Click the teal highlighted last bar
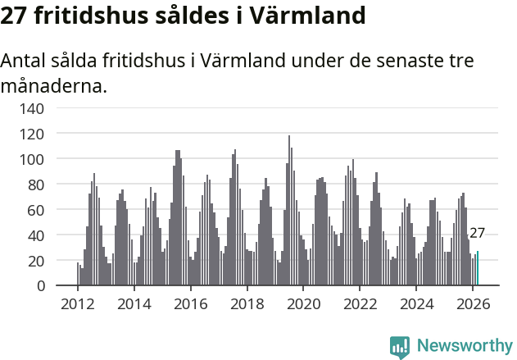(478, 269)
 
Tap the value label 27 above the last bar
(477, 234)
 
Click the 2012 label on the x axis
(78, 303)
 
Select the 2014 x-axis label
(134, 303)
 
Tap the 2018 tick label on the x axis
(247, 303)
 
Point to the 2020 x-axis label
(304, 303)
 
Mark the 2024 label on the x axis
(417, 303)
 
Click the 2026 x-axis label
(474, 303)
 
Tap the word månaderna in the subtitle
(54, 84)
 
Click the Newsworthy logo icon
(400, 346)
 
